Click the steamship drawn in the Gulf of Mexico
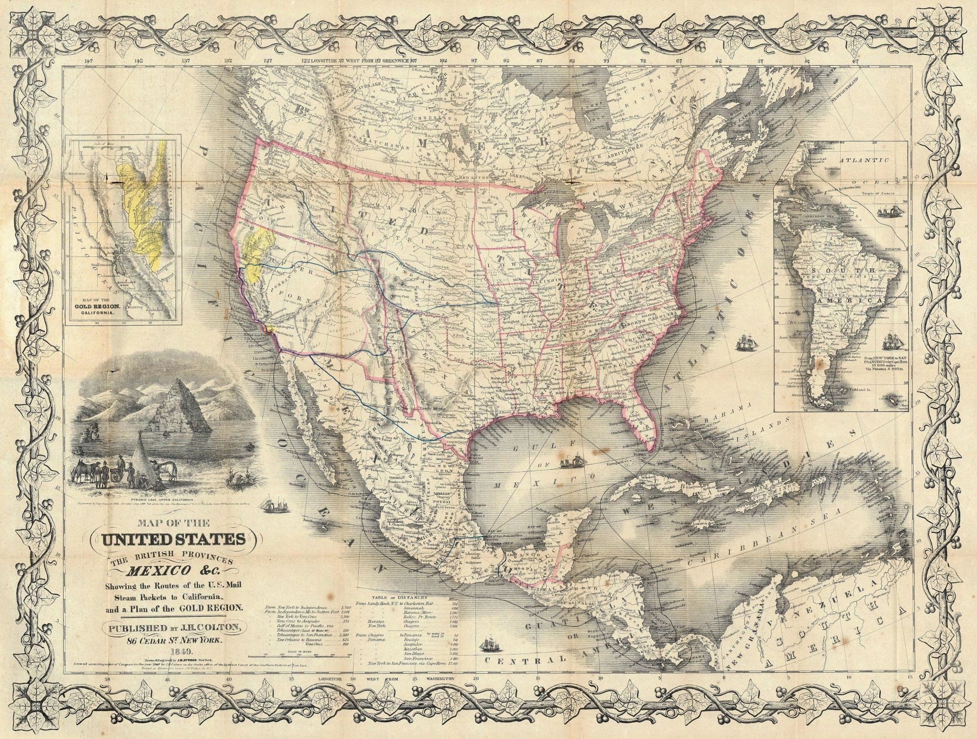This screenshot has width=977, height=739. click(570, 462)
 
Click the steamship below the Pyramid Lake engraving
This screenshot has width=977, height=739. click(271, 504)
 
